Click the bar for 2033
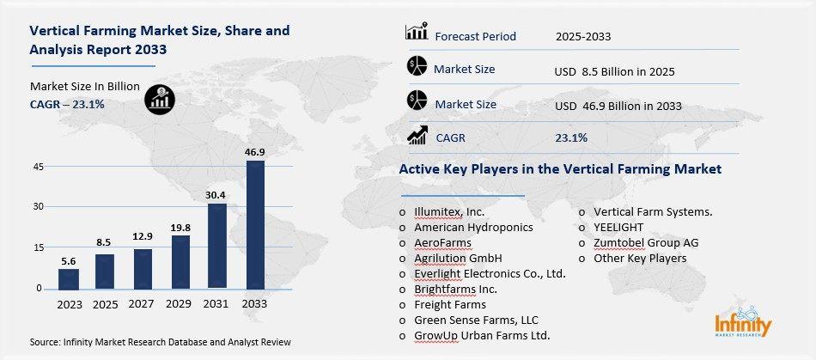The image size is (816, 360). click(x=255, y=224)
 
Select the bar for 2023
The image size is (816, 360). click(x=69, y=278)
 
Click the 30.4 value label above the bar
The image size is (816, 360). click(x=217, y=194)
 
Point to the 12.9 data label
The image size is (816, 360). click(x=143, y=236)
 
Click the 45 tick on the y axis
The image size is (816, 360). click(x=39, y=167)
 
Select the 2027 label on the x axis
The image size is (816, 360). click(x=143, y=305)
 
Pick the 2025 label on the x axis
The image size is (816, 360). click(x=106, y=305)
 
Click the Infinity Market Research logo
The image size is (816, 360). click(x=743, y=324)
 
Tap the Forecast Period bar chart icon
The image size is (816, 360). click(x=417, y=34)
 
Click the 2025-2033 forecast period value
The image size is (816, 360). click(x=588, y=36)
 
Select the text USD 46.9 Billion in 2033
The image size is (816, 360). click(x=618, y=106)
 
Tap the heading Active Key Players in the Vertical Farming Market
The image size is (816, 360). click(x=560, y=169)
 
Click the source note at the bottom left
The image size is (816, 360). click(x=161, y=342)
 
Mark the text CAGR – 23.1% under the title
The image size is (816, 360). click(x=67, y=104)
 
